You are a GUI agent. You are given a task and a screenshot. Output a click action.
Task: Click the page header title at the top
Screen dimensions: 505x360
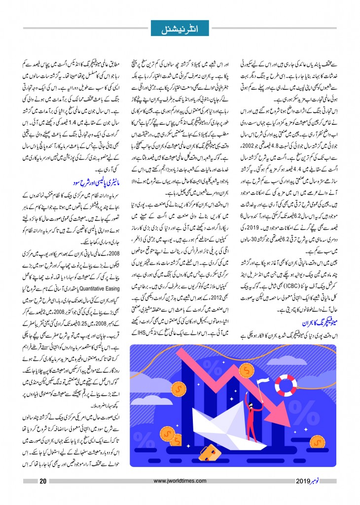click(x=180, y=28)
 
